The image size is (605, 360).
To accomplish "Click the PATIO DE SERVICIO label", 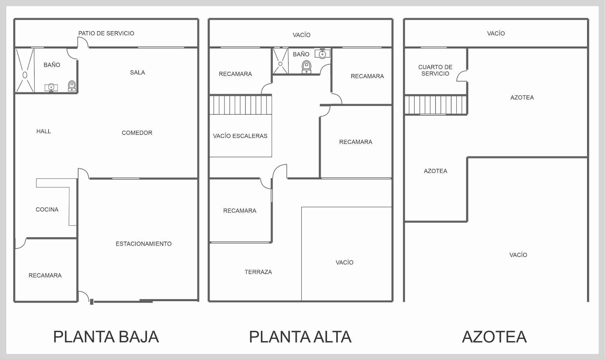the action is [x=106, y=33].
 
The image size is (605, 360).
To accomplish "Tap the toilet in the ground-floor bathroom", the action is [x=72, y=86].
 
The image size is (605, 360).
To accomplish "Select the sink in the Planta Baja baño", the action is [x=51, y=87].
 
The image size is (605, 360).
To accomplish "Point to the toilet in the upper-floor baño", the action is [x=306, y=67].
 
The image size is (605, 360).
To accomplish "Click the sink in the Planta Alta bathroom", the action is [x=322, y=54].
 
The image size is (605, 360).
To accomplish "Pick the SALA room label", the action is [x=137, y=72].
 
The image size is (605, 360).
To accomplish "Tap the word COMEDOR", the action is [x=137, y=133].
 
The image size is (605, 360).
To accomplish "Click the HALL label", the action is [x=43, y=131].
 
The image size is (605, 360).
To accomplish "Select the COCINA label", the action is [x=47, y=209].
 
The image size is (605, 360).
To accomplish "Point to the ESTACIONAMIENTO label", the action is [x=143, y=244].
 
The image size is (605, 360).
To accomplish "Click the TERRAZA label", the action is [x=258, y=272].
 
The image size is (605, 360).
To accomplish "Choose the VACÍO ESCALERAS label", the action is [x=240, y=136].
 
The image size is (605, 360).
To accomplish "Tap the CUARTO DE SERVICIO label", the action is [x=435, y=70].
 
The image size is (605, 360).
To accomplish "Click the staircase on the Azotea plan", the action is [x=435, y=105].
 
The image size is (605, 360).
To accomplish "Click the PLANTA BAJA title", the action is [x=106, y=337].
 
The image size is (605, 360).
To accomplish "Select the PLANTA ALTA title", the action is [x=300, y=337].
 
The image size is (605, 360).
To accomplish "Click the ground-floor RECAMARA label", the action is [x=45, y=276].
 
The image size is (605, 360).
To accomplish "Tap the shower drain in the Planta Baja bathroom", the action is [x=25, y=75].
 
